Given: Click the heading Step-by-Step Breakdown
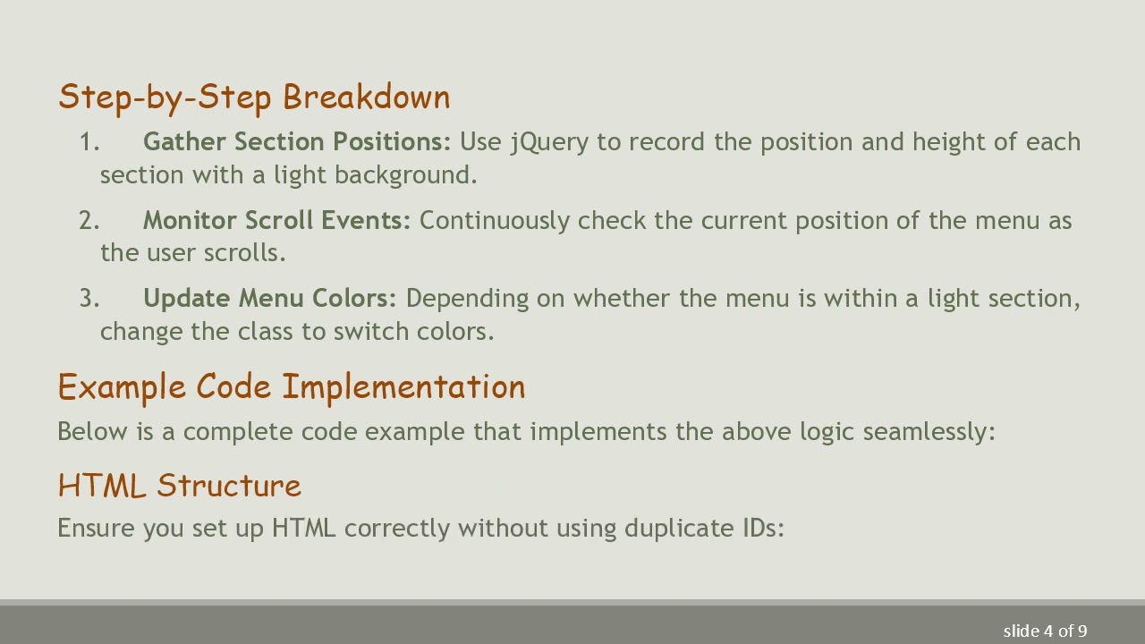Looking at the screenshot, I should (254, 97).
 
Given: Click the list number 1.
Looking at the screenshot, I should (89, 142).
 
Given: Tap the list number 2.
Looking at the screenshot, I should (89, 221).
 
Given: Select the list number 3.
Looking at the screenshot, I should (89, 299).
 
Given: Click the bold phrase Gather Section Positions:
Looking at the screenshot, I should (297, 142).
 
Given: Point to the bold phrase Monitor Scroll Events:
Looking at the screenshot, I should (276, 221).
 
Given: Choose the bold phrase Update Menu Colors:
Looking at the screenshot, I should (269, 299).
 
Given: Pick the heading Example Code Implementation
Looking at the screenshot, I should (292, 387).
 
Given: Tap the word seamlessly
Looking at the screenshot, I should (929, 432).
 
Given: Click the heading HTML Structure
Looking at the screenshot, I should (180, 486).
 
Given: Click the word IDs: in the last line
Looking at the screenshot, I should (763, 529).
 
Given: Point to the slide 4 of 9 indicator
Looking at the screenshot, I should (1045, 631).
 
